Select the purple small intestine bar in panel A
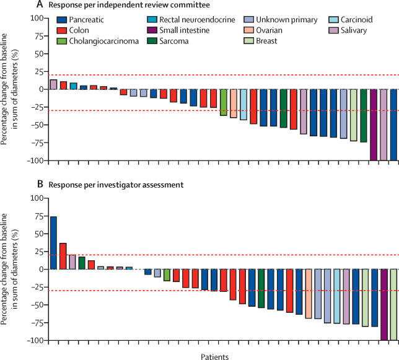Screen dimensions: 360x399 (374, 125)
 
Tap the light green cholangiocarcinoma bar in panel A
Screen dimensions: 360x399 (224, 102)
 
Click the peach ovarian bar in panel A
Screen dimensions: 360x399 (234, 103)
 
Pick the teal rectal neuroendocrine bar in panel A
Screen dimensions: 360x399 (73, 86)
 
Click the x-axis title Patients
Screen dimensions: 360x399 (214, 340)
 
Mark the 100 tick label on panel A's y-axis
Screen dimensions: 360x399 (38, 18)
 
